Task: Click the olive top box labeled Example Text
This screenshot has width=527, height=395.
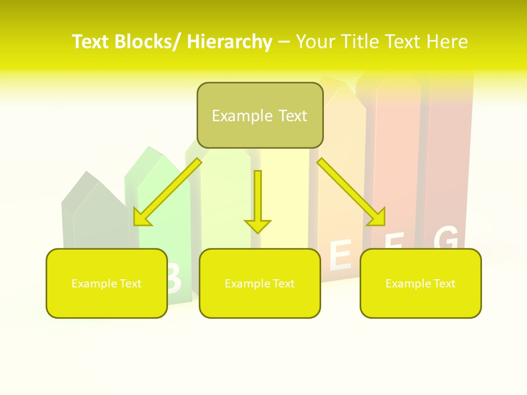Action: (260, 116)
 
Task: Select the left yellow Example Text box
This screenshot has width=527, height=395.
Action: (106, 283)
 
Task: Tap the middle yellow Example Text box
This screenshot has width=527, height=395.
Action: (260, 283)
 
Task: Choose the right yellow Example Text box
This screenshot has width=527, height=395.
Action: (421, 283)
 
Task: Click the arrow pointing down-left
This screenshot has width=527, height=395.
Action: (168, 191)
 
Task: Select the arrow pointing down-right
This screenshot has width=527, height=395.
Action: (351, 191)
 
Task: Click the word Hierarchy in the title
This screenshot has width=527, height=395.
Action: (229, 42)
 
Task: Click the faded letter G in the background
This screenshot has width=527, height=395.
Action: (446, 238)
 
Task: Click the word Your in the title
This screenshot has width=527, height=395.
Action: (315, 42)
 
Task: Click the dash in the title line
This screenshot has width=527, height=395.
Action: (284, 42)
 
